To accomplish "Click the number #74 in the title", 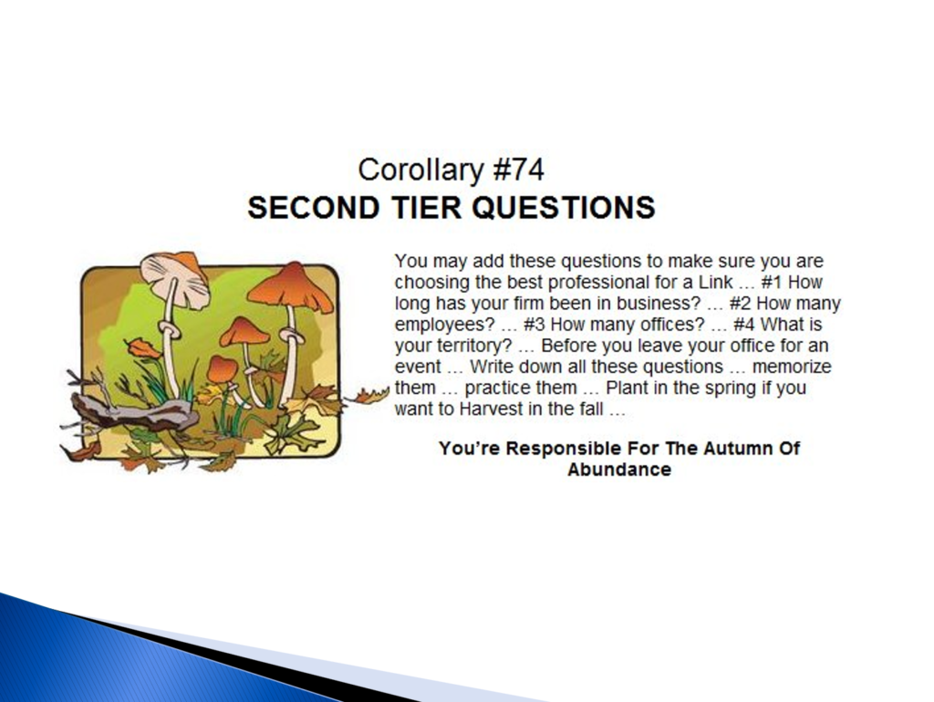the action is point(518,170).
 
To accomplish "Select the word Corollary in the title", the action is point(421,170).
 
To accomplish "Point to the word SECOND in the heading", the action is point(314,207).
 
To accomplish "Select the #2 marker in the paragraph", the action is point(741,303).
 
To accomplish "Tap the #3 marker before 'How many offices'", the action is point(534,325).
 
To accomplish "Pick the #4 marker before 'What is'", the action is point(744,325).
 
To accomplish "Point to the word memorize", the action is point(792,366).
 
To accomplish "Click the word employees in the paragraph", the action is point(445,325).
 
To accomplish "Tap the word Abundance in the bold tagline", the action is point(619,470).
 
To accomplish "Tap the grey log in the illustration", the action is point(132,411).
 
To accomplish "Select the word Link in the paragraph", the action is point(716,283).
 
